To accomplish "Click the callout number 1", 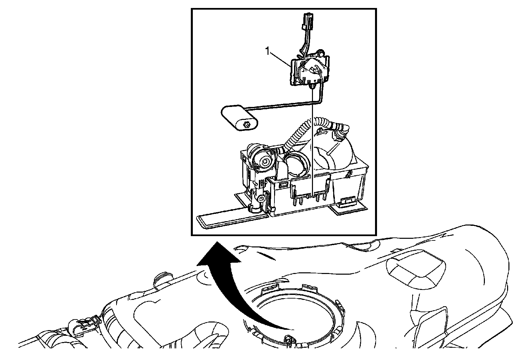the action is coord(267,51).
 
